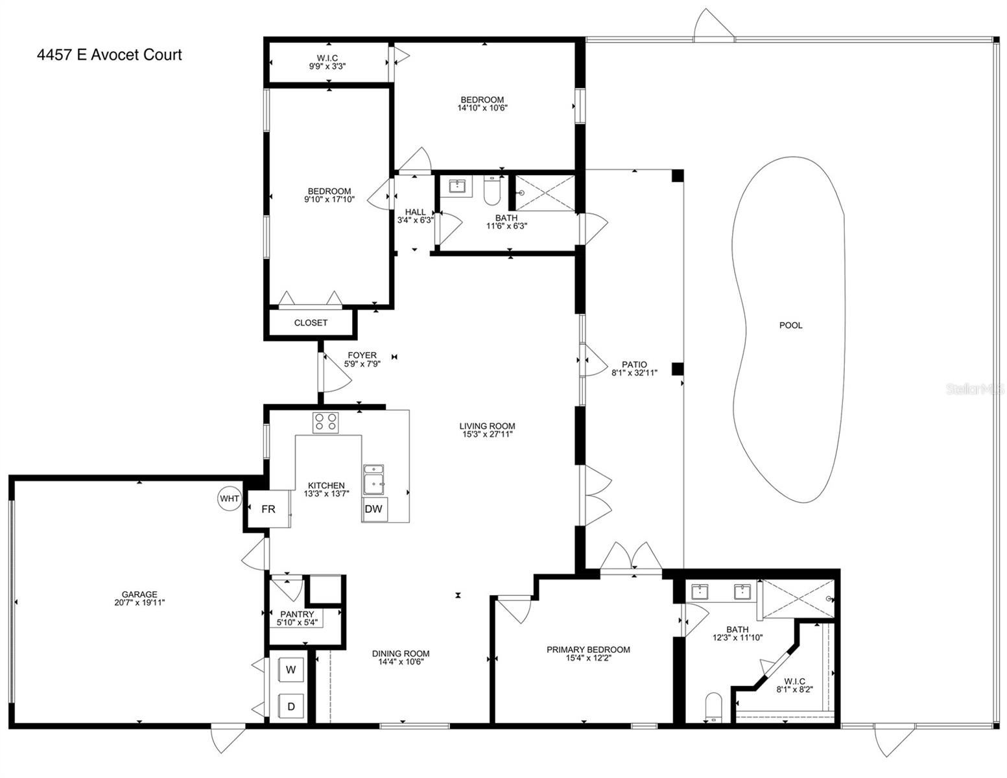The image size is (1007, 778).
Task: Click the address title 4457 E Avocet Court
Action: (110, 54)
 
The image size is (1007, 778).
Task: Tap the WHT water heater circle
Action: (230, 499)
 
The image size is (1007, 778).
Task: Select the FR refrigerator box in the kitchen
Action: (268, 509)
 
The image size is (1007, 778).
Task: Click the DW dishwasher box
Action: (374, 509)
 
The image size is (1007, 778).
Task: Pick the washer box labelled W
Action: (290, 670)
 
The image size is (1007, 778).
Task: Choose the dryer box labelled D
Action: (290, 707)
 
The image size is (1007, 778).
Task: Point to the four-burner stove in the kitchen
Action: (326, 423)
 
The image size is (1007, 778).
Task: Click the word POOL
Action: (790, 325)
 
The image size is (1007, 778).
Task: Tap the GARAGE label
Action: (139, 594)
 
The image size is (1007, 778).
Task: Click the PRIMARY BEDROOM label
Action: (588, 650)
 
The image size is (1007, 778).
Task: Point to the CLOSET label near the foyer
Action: (311, 322)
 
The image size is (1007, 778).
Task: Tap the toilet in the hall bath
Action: (492, 191)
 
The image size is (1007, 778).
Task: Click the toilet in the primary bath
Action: (714, 707)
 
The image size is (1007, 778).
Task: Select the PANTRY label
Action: (297, 614)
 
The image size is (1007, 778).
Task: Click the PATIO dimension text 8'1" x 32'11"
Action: (634, 373)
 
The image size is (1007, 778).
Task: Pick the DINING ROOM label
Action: (401, 654)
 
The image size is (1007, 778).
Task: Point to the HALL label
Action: (415, 212)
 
